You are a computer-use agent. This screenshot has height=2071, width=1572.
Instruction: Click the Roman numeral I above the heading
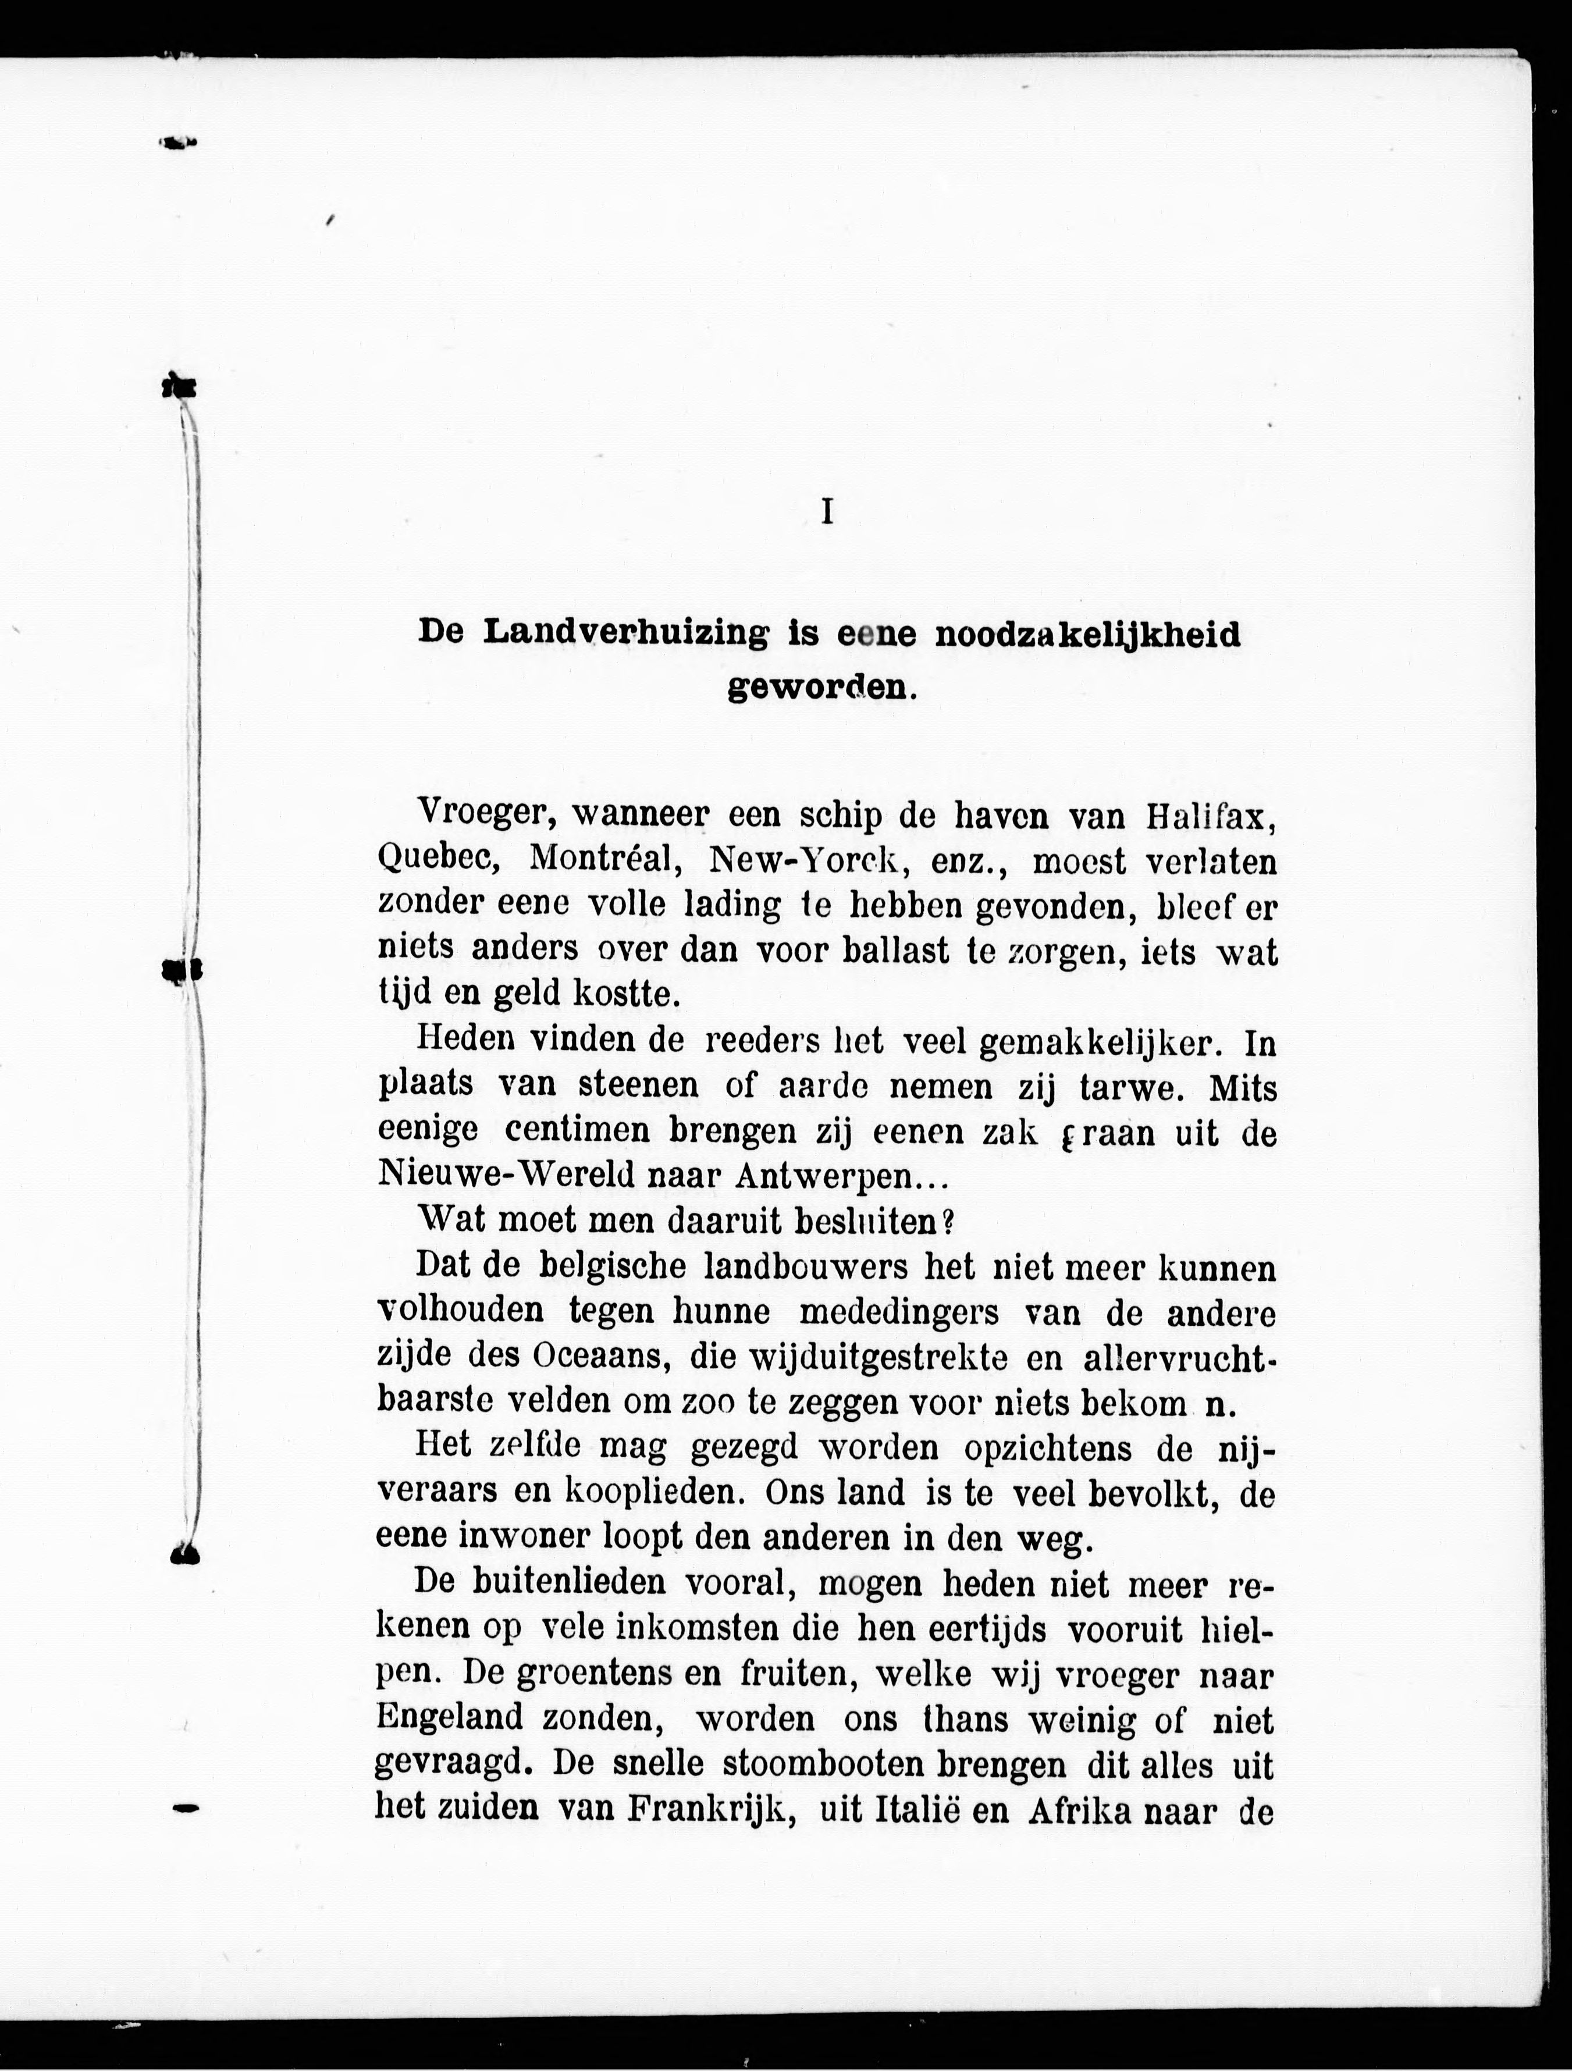827,511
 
